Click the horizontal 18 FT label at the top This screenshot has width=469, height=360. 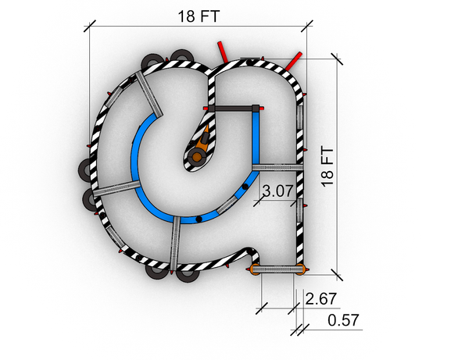[x=199, y=16]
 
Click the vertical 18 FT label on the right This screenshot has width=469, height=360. [x=328, y=166]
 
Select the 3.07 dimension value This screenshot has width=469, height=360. [x=277, y=191]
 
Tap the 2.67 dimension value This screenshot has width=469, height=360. [x=321, y=298]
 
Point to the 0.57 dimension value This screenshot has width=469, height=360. [x=343, y=320]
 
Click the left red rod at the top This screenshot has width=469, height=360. [x=223, y=52]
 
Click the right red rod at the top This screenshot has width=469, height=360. [x=293, y=62]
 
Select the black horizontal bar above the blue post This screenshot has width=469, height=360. [x=233, y=108]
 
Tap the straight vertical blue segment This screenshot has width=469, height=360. [x=256, y=138]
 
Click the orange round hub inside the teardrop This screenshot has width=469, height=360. [x=197, y=156]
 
